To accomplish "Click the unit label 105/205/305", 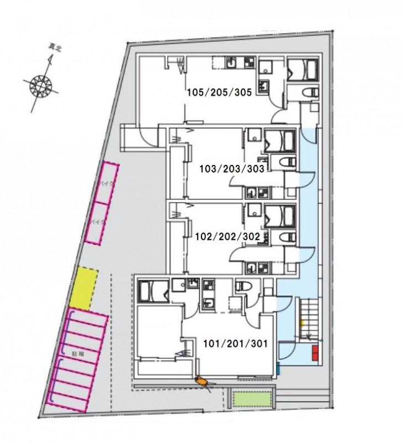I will tap(220, 93).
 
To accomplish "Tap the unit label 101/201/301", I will tap(235, 343).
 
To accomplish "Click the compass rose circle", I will tap(41, 86).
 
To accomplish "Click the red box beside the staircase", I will tap(314, 353).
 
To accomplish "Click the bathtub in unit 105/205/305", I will tap(302, 70).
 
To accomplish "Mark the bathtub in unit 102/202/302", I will tap(281, 215).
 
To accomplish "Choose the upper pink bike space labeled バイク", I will tap(105, 183).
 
